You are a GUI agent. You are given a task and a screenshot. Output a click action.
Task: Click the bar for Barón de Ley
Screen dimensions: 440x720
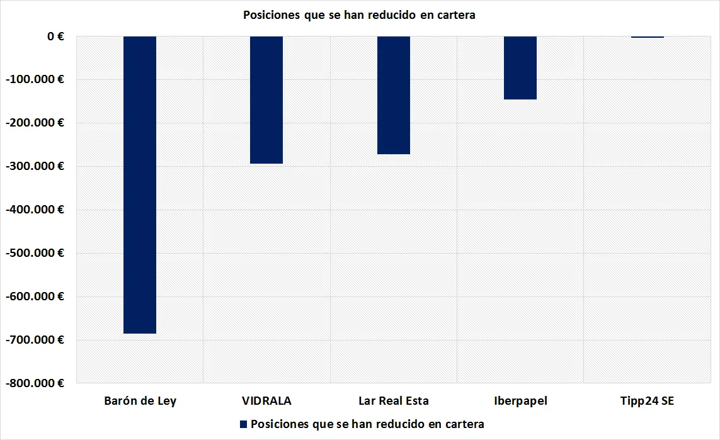tap(139, 184)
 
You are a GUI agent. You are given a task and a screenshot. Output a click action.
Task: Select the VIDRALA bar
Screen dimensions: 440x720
tap(266, 100)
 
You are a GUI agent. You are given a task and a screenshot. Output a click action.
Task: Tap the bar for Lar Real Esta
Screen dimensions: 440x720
tap(394, 95)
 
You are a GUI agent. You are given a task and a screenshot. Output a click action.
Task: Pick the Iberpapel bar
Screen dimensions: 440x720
tap(520, 68)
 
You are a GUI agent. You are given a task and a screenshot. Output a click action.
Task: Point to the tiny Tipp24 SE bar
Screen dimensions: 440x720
tap(648, 37)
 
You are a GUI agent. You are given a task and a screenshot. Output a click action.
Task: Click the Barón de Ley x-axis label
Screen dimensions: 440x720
tap(140, 401)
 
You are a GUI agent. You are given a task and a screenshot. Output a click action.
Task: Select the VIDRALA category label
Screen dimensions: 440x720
tap(266, 401)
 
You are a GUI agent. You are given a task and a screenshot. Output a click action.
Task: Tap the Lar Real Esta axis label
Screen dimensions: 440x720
tap(394, 401)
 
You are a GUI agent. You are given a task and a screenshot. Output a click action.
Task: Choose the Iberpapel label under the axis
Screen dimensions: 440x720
tap(520, 401)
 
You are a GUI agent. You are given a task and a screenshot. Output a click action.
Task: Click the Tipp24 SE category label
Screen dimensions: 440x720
tap(648, 401)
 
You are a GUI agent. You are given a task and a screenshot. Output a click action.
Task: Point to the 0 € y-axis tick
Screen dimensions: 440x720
tap(55, 37)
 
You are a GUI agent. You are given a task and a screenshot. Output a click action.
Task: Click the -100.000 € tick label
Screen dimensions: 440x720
tap(38, 80)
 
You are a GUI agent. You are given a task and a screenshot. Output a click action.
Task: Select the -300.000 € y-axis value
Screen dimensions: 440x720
tap(38, 166)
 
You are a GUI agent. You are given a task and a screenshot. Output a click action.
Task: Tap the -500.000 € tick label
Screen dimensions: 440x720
tap(38, 253)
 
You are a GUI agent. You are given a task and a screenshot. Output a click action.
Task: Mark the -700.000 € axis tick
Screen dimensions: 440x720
tap(38, 340)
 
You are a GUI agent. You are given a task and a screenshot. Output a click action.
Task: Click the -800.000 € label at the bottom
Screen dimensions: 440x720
tap(38, 383)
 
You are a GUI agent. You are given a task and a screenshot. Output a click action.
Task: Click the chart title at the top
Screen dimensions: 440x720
tap(359, 15)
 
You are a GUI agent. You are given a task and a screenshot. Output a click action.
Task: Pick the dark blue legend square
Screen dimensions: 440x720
tap(243, 424)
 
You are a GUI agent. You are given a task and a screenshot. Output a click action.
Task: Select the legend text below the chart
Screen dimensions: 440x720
tap(367, 424)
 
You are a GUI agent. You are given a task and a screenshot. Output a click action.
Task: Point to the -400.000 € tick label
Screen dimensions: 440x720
tap(38, 210)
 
